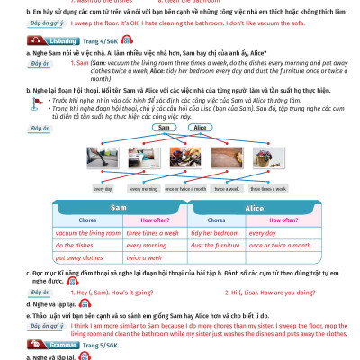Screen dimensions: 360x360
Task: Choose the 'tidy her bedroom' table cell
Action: coord(212,232)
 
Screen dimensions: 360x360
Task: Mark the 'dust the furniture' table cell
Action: coord(214,245)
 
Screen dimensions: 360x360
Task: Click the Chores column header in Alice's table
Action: coord(213,220)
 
